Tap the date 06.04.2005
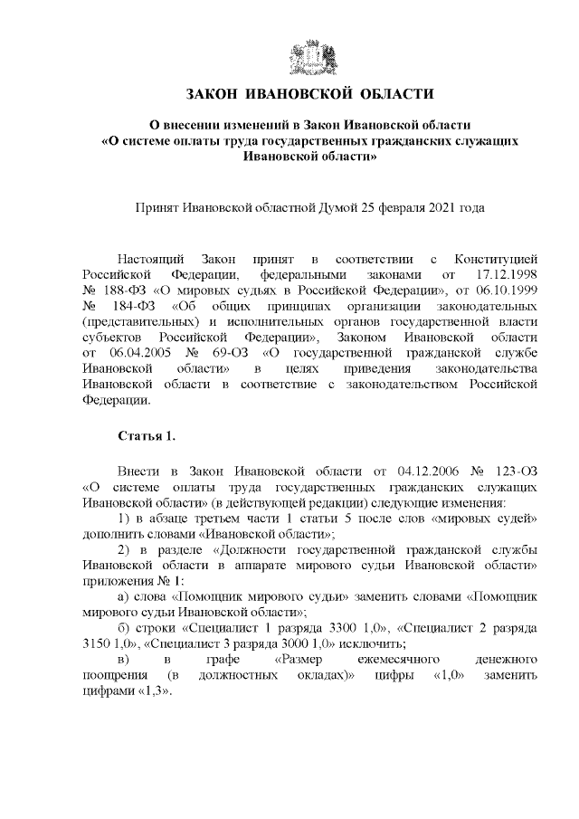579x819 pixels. pos(128,354)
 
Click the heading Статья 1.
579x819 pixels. pos(147,436)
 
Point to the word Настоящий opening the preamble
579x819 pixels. pos(151,256)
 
